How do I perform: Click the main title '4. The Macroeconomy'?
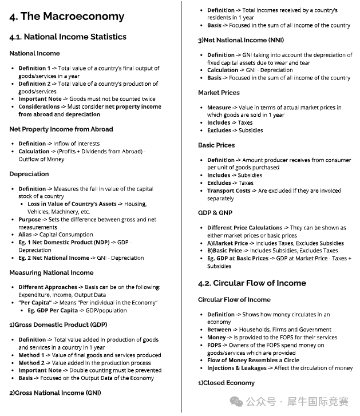pyautogui.click(x=66, y=16)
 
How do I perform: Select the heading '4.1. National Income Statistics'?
pyautogui.click(x=68, y=37)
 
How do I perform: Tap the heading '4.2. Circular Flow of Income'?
pyautogui.click(x=252, y=283)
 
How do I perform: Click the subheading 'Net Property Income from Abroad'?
pyautogui.click(x=61, y=129)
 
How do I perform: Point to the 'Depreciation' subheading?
pyautogui.click(x=29, y=174)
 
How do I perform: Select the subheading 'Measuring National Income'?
pyautogui.click(x=51, y=272)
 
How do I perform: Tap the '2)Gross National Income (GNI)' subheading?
pyautogui.click(x=54, y=393)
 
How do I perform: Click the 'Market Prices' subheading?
pyautogui.click(x=219, y=93)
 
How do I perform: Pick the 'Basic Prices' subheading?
pyautogui.click(x=216, y=145)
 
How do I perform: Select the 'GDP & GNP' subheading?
pyautogui.click(x=215, y=213)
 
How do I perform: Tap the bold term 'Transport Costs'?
pyautogui.click(x=228, y=191)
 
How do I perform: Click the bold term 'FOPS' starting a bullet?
pyautogui.click(x=214, y=345)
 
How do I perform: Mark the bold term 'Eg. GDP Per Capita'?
pyautogui.click(x=53, y=310)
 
